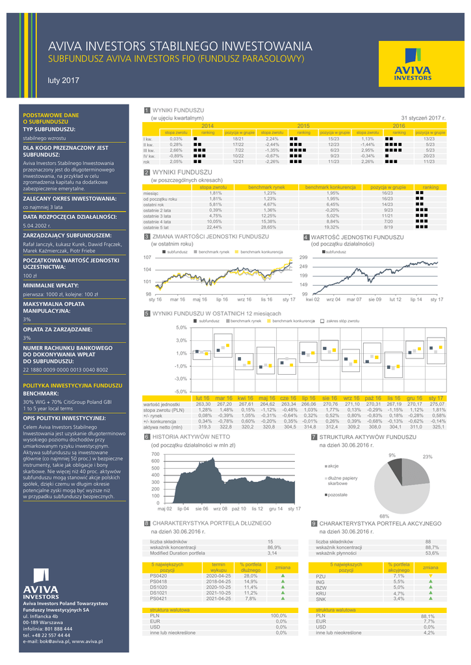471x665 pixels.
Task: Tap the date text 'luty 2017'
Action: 64,81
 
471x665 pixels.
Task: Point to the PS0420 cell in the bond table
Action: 159,575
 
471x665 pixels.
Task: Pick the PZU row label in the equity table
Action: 321,575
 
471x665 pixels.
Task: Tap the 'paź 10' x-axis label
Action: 239,508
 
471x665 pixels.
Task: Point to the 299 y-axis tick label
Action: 303,258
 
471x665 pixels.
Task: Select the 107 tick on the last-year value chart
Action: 147,258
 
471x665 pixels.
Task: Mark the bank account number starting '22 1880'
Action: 66,369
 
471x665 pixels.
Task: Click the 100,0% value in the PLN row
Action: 279,616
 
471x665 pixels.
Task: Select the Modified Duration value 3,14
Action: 272,553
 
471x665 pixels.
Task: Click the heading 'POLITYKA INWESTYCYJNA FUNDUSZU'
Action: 72,385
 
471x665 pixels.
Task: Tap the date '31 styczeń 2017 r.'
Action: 423,118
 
